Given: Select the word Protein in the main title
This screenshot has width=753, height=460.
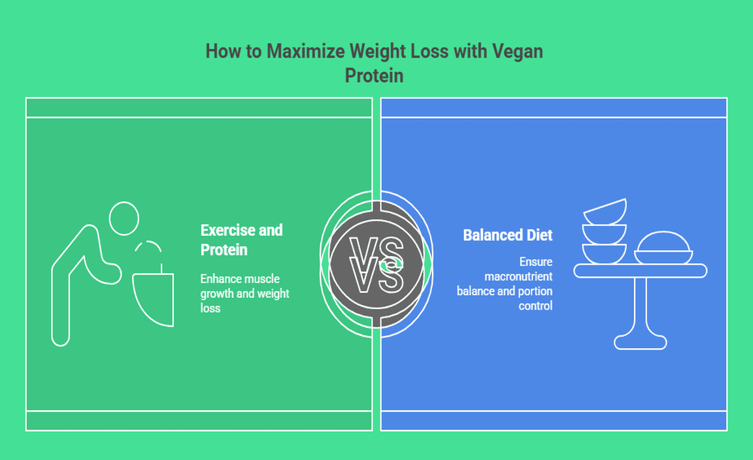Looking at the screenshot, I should (x=374, y=76).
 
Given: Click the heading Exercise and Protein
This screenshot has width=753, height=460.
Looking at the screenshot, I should (x=241, y=240).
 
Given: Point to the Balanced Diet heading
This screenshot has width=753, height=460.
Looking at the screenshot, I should (x=508, y=235).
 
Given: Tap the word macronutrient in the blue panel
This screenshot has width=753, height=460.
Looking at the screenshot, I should (x=518, y=276).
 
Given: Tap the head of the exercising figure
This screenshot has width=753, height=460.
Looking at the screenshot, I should (x=124, y=218).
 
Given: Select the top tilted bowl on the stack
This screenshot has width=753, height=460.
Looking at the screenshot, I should (x=605, y=211).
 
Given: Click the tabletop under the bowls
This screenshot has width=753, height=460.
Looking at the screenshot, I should (x=640, y=271).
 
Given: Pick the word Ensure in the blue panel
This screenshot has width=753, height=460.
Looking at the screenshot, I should (x=536, y=262).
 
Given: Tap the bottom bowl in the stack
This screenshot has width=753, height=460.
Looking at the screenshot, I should (x=605, y=254).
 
